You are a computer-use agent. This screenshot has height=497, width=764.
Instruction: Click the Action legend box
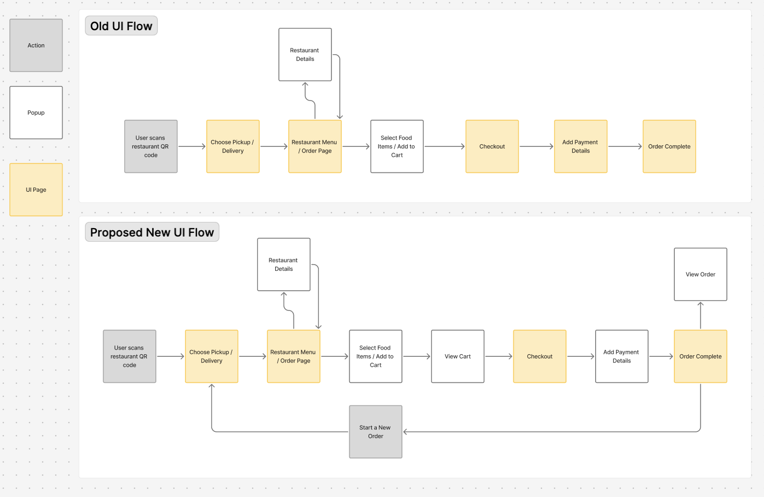36,45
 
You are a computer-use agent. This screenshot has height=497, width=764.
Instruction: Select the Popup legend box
36,113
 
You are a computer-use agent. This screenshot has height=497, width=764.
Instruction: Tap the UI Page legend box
36,190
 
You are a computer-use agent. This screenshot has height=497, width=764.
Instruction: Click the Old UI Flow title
121,26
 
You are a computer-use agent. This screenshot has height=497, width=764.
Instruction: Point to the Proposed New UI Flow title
152,232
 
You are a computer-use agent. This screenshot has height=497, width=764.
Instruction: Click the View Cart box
458,356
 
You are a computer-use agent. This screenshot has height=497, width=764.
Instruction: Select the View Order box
700,274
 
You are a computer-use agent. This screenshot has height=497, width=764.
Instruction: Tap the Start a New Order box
375,432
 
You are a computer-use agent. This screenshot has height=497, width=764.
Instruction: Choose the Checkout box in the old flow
492,146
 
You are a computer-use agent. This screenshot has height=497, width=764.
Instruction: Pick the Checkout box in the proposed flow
539,356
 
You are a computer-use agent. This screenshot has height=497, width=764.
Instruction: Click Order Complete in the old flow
669,146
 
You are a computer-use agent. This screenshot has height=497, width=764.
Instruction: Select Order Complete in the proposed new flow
700,356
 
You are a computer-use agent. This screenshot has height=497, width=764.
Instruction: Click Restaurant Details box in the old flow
305,55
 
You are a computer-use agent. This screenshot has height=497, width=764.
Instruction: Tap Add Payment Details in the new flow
622,356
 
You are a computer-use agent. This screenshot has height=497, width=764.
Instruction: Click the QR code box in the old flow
151,146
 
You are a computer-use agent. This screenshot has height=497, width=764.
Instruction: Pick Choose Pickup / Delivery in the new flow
212,356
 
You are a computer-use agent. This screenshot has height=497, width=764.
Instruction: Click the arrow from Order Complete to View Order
700,315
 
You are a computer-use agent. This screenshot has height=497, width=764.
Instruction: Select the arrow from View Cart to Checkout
499,356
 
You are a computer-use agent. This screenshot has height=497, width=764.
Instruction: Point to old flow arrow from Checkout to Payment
536,146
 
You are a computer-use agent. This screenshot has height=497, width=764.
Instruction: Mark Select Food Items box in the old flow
397,146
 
